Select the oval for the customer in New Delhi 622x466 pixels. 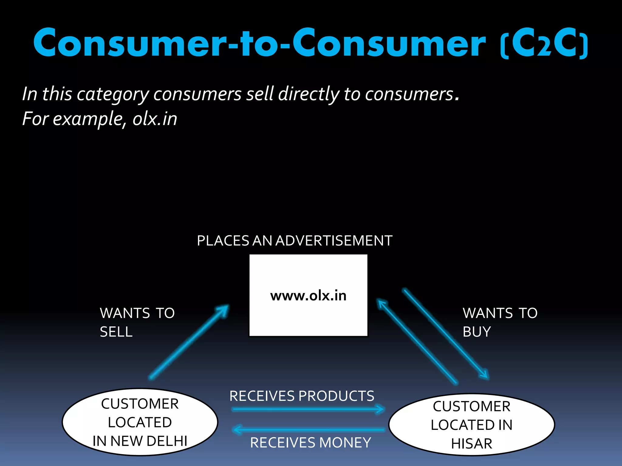click(x=140, y=422)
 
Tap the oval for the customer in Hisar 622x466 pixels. click(x=471, y=425)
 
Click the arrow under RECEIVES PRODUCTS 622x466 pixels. click(x=308, y=409)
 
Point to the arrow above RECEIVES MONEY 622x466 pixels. click(x=308, y=430)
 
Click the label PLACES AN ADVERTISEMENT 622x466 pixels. click(x=294, y=241)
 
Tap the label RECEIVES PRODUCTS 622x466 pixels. click(x=302, y=396)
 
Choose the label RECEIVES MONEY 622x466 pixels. click(x=310, y=443)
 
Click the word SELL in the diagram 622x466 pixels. click(x=116, y=332)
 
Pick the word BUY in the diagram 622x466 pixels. click(x=477, y=332)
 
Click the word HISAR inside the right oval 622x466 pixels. click(x=471, y=444)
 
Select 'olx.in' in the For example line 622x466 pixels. click(x=155, y=119)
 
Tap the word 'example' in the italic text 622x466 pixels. click(x=88, y=119)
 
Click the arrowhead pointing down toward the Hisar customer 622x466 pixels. click(x=484, y=375)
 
